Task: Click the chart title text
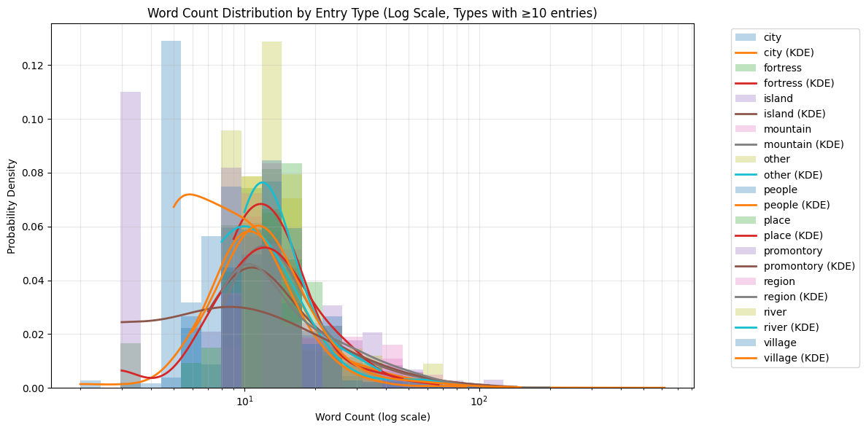[372, 13]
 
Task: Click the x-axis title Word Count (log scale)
[372, 417]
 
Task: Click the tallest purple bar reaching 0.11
[131, 241]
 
